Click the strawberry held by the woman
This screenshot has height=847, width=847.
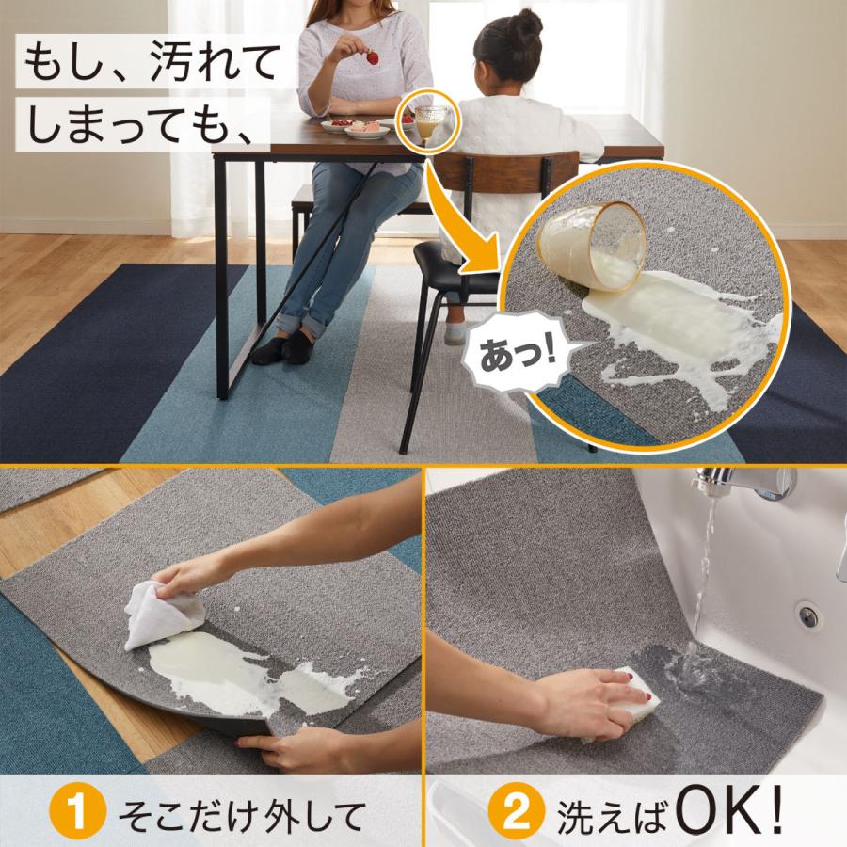click(373, 57)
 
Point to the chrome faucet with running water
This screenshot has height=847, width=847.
click(743, 484)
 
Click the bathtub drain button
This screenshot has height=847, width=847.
click(807, 615)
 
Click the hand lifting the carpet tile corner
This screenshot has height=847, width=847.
click(282, 748)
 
